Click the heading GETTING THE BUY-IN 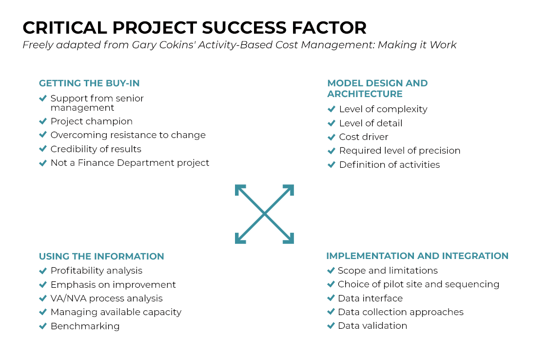(x=89, y=83)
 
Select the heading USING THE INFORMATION (x=101, y=256)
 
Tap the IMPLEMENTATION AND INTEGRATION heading (x=417, y=256)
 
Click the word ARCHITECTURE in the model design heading (x=365, y=94)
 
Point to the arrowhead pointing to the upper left (x=240, y=190)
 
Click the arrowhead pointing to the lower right (x=289, y=239)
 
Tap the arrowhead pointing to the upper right (x=289, y=190)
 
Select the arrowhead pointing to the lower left (x=240, y=239)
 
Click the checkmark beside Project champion (x=43, y=121)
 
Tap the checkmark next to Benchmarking (x=43, y=326)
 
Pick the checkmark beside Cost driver (x=332, y=137)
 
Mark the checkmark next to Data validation (x=331, y=326)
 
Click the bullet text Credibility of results (x=96, y=149)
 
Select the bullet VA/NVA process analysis (x=107, y=299)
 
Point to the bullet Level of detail (x=371, y=123)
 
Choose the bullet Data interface (x=370, y=298)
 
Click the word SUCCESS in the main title (x=244, y=28)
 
